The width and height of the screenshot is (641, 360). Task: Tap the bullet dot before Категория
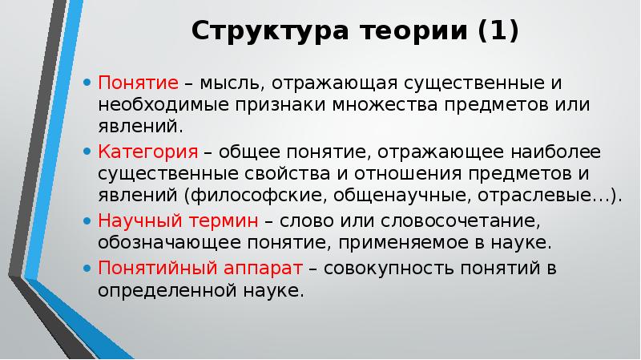point(87,152)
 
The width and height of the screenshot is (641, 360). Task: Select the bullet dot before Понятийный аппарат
point(87,267)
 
